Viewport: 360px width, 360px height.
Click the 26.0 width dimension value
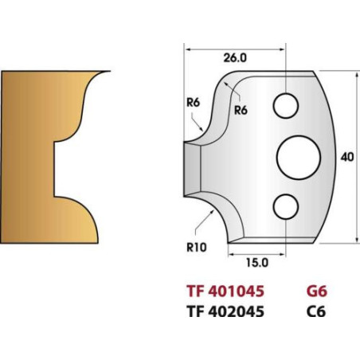coord(235,58)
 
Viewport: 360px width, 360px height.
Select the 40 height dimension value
coord(347,157)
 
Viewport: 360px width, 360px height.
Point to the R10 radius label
coord(197,248)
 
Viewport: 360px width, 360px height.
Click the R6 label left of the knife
coord(193,103)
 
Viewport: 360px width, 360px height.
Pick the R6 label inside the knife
coord(241,110)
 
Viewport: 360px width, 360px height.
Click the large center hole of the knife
coord(299,158)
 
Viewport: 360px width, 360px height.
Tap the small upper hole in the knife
coord(286,105)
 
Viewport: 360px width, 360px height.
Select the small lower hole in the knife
coord(286,206)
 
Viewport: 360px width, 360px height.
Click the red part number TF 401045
coord(225,291)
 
